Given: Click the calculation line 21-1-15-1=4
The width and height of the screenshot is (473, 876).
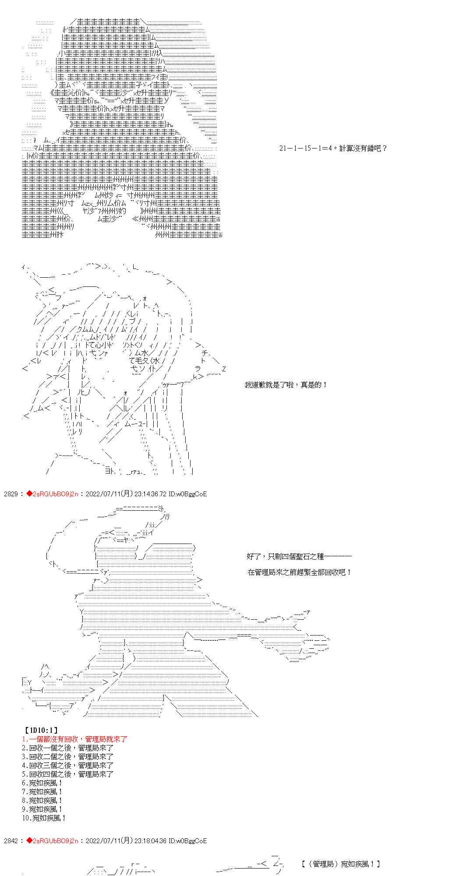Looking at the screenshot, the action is (333, 148).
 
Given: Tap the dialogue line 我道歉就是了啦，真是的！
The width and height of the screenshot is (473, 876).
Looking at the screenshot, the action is (286, 385).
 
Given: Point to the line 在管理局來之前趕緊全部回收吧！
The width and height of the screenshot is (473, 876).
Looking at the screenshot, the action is (300, 572).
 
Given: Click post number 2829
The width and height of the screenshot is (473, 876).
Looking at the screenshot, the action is (11, 494).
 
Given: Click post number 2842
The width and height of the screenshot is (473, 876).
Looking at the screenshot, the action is (11, 841).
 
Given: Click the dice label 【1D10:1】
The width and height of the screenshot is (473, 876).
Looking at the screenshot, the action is (39, 730).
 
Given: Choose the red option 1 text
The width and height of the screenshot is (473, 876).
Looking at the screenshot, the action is (74, 739).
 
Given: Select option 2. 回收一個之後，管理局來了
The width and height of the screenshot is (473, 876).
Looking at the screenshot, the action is (68, 748).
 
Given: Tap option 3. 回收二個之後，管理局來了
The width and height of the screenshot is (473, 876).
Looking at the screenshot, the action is (68, 756).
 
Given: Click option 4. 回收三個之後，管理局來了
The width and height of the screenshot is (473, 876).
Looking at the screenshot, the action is (68, 765).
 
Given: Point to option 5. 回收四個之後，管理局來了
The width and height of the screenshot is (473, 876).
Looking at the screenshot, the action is (68, 774).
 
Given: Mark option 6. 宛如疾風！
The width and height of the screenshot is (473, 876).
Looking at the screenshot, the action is (42, 783).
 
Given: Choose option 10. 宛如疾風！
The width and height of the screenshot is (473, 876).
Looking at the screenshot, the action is (44, 818).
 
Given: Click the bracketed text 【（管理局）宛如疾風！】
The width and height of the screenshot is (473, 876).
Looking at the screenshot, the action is (341, 864).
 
